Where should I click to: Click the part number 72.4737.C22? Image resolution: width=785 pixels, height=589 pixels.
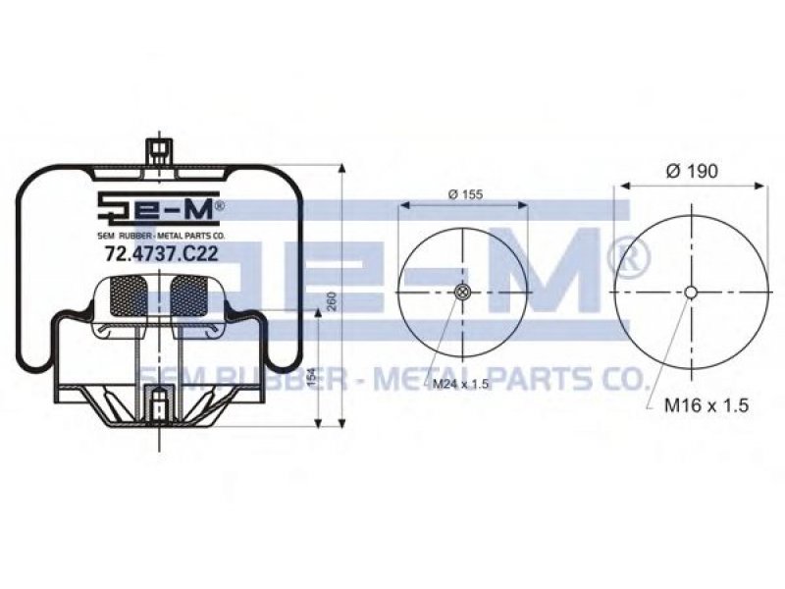click(161, 254)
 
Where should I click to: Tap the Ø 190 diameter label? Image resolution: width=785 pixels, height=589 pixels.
click(692, 171)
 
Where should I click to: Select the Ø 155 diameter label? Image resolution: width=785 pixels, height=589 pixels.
click(465, 194)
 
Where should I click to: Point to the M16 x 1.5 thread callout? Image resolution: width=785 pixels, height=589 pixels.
click(706, 404)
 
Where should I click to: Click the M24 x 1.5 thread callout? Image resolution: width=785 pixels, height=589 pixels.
click(460, 384)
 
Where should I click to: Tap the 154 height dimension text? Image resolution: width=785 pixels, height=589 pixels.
click(311, 379)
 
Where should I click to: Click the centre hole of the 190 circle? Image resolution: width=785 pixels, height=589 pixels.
click(691, 292)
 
